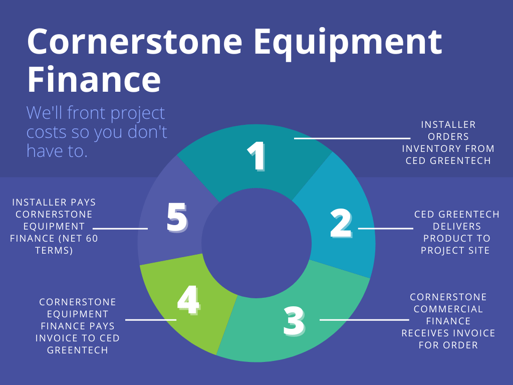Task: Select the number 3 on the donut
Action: click(294, 321)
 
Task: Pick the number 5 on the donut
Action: click(177, 218)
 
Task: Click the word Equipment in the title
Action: click(348, 43)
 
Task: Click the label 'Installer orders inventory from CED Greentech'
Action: click(448, 142)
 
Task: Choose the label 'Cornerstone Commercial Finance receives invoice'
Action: click(448, 321)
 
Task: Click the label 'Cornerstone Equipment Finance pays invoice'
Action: click(77, 326)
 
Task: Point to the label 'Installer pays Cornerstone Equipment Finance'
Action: click(54, 226)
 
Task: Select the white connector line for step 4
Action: click(150, 319)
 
